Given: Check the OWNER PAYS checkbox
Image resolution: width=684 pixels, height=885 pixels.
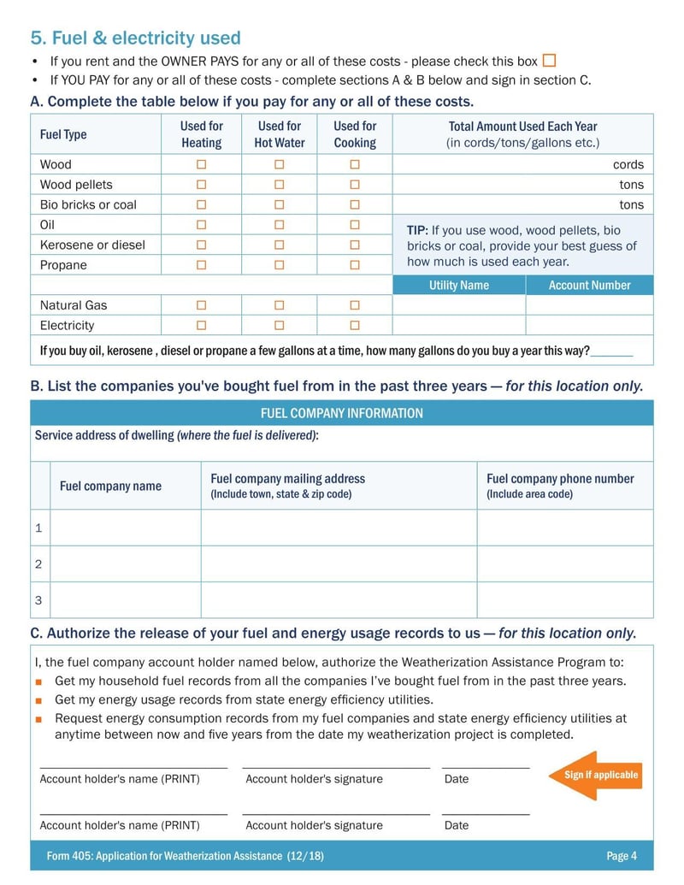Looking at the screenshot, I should (550, 61).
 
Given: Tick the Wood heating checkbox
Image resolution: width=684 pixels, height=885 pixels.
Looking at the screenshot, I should (202, 164).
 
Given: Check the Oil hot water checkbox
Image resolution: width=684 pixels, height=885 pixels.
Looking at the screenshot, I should (280, 225).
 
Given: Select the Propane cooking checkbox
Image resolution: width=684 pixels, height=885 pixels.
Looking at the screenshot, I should (355, 265).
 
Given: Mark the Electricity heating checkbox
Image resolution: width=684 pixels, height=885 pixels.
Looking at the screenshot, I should (202, 326).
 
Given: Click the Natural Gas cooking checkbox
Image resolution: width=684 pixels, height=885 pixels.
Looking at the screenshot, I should (355, 305).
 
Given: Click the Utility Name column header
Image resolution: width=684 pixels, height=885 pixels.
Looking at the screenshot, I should (459, 286).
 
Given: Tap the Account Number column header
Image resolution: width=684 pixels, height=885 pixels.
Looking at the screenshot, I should (589, 286).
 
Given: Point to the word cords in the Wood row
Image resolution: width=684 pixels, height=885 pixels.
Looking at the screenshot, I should (628, 164).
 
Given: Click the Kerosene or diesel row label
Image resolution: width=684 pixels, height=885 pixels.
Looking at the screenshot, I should (92, 245).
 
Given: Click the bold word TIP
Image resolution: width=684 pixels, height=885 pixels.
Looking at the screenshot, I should (417, 230).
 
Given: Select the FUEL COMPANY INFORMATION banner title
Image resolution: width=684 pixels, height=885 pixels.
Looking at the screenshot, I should (342, 414).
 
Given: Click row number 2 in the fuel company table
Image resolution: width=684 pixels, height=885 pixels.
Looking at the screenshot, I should (38, 564).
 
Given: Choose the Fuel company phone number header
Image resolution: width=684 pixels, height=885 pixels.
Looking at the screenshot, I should (560, 479).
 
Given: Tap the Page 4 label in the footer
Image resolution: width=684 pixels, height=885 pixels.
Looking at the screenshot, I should (622, 856).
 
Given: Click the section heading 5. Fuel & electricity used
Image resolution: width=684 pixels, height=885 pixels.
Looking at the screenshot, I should (135, 38).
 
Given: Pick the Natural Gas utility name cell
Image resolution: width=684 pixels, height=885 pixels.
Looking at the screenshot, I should (459, 305).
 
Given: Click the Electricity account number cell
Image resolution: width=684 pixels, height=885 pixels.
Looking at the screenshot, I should (589, 326).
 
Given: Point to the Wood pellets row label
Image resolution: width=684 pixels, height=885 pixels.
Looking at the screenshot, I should (76, 185).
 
